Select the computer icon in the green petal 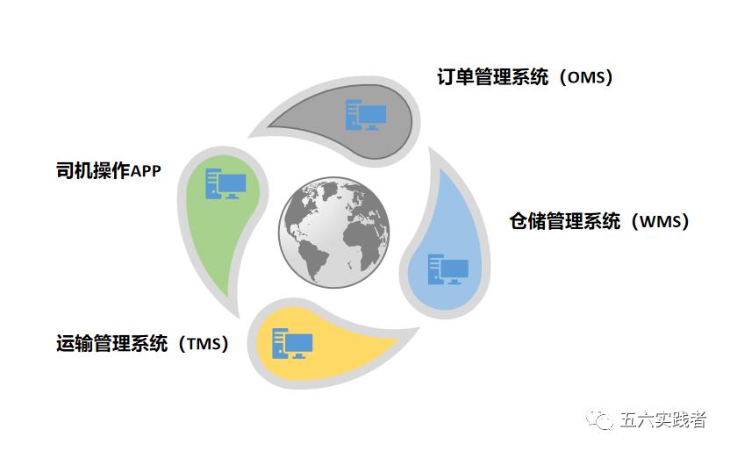[x=225, y=183]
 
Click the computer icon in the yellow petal [x=292, y=342]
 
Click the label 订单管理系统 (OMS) [x=525, y=77]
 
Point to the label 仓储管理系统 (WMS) [x=599, y=221]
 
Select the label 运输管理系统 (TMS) [x=142, y=343]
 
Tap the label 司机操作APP [x=108, y=170]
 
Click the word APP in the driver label [x=146, y=171]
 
